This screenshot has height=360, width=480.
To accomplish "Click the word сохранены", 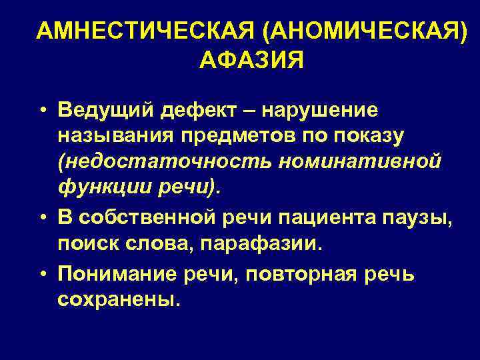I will [118, 300].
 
